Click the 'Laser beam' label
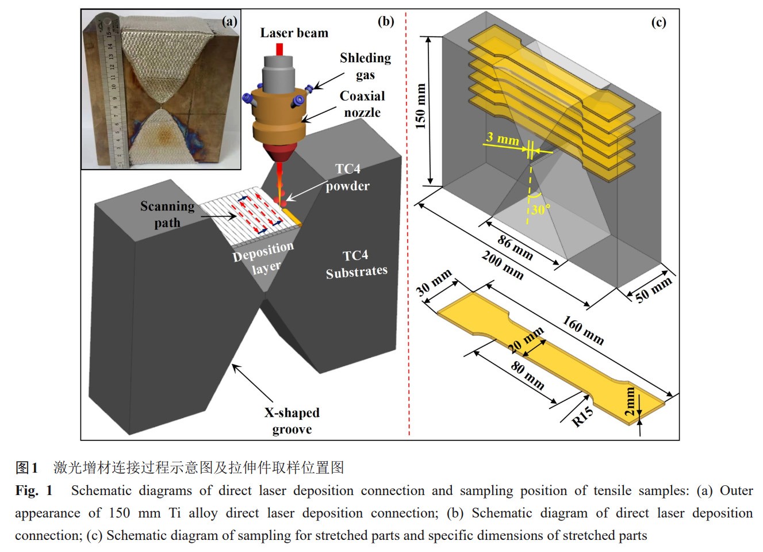(294, 33)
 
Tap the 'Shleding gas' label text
(365, 66)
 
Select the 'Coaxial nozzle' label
(362, 104)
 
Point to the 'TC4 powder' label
(348, 177)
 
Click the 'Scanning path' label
(167, 214)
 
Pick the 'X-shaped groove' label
(292, 421)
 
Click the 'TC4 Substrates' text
(356, 264)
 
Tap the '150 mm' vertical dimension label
(421, 106)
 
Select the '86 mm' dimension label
(515, 247)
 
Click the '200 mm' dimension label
(503, 265)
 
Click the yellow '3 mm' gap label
(503, 138)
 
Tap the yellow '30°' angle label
(540, 209)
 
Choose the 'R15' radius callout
(582, 416)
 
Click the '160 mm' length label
(583, 330)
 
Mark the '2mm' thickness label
(630, 401)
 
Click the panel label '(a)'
(229, 22)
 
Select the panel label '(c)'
(658, 22)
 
